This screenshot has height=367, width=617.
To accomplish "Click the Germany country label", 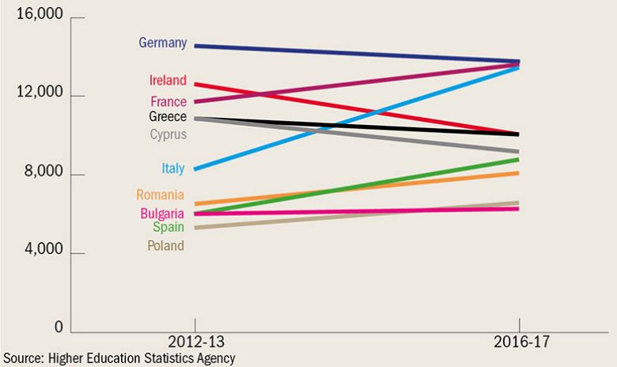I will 163,43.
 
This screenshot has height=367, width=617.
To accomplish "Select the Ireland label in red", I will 167,80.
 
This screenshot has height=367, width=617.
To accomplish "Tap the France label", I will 168,101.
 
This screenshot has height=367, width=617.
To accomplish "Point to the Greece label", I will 167,116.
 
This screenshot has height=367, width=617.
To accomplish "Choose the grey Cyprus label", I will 168,134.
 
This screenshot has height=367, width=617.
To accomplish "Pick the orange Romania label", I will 160,195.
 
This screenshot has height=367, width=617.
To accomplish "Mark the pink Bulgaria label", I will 162,213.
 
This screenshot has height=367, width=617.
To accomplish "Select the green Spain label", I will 168,227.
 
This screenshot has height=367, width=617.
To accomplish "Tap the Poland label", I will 165,246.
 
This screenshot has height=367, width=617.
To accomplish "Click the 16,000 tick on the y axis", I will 39,17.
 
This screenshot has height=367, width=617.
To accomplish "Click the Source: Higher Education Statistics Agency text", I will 118,359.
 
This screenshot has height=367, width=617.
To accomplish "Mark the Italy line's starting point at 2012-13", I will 195,169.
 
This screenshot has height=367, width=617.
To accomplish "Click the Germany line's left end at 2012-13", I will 195,46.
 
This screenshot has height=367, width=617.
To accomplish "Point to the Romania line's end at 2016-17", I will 518,173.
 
